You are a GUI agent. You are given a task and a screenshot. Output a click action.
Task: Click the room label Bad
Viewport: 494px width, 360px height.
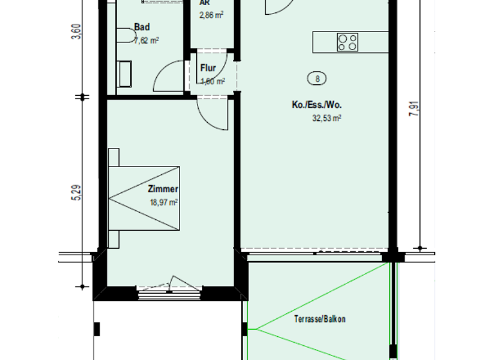pyautogui.click(x=142, y=27)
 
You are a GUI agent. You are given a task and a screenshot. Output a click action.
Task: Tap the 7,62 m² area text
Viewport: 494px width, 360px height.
pyautogui.click(x=147, y=40)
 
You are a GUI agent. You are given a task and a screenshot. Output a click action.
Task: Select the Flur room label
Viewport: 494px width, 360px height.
pyautogui.click(x=208, y=68)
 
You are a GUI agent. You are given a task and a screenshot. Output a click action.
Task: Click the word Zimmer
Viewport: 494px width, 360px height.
pyautogui.click(x=163, y=189)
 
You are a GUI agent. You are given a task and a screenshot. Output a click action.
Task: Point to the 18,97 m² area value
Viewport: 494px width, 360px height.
pyautogui.click(x=163, y=202)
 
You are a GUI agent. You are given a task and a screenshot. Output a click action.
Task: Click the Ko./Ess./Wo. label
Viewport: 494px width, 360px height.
pyautogui.click(x=315, y=105)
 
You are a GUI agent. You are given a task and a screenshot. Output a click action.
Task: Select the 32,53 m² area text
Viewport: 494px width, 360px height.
pyautogui.click(x=326, y=118)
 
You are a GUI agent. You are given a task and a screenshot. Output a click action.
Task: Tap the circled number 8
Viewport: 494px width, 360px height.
pyautogui.click(x=316, y=79)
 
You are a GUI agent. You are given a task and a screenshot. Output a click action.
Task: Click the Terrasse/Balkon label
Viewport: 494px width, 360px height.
pyautogui.click(x=320, y=319)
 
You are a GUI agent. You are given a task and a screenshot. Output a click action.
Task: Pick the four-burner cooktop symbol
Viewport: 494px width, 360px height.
pyautogui.click(x=347, y=42)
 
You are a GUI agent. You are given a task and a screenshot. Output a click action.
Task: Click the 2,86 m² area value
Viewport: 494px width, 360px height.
pyautogui.click(x=212, y=14)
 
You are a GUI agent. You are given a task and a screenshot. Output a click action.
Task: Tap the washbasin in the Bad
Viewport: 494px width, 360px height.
pyautogui.click(x=125, y=74)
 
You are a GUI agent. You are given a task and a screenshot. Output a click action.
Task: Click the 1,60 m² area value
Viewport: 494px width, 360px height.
pyautogui.click(x=212, y=81)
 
